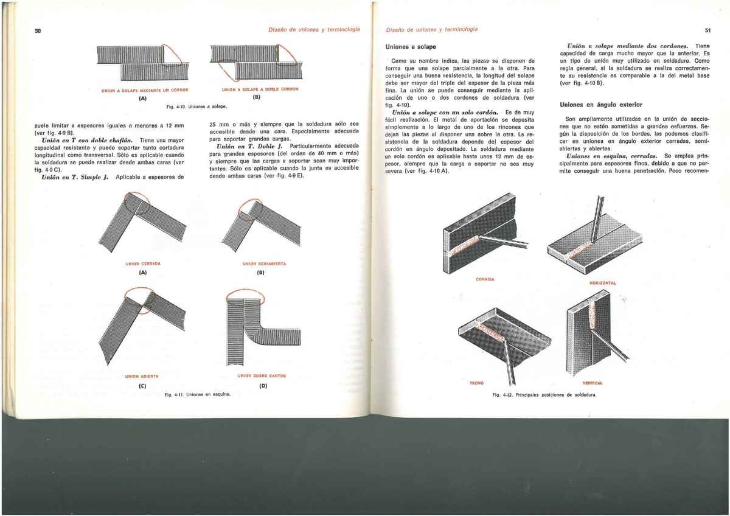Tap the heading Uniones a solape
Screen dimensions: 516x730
411,47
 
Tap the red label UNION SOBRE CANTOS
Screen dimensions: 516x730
262,375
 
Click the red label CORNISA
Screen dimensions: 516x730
485,279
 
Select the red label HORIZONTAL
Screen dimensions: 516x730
603,283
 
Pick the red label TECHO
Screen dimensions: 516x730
476,383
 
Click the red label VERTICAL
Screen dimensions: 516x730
592,383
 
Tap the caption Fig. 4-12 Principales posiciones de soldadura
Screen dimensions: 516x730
543,394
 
